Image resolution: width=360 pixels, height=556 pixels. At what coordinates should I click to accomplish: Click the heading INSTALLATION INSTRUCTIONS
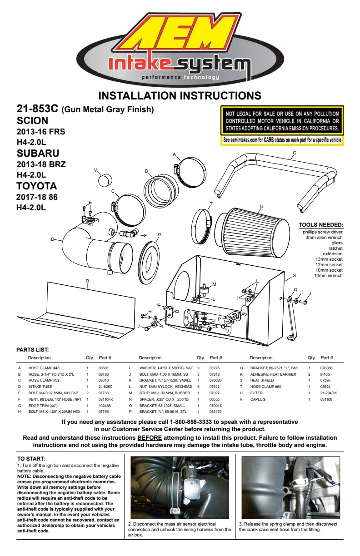tap(180, 95)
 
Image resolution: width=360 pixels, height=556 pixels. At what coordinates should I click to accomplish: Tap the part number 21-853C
tap(37, 109)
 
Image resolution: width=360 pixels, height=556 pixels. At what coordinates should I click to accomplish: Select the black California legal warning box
tap(282, 121)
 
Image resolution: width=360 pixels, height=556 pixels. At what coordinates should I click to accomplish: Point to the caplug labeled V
tap(105, 180)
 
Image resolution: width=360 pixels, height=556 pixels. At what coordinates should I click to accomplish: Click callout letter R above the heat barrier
tap(87, 281)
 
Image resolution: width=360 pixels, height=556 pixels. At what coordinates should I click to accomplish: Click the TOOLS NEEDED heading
tap(321, 225)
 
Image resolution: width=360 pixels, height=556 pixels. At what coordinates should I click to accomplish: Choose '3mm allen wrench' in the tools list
tap(324, 237)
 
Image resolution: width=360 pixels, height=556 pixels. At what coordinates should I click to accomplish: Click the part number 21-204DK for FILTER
tap(329, 393)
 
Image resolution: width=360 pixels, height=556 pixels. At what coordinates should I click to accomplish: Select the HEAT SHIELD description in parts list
tap(262, 380)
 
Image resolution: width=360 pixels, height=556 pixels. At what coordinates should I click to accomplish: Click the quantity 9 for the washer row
tap(198, 368)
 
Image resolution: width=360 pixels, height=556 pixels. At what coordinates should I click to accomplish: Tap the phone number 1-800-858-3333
tap(191, 422)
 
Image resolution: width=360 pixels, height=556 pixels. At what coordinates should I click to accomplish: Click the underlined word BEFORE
tap(150, 437)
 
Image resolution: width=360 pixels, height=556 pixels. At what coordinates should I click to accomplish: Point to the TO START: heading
tap(31, 459)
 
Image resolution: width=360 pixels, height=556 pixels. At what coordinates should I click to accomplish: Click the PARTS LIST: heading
tap(33, 350)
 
